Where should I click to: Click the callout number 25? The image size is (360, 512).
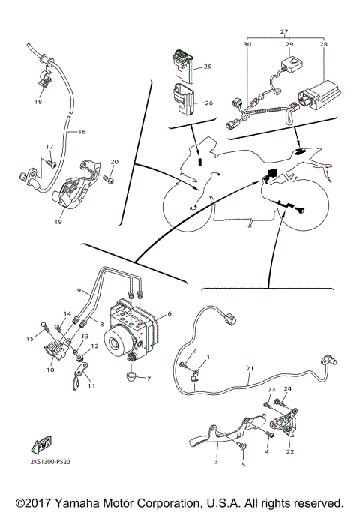(208, 67)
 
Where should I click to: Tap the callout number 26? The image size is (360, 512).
(208, 103)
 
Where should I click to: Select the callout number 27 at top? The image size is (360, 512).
(283, 31)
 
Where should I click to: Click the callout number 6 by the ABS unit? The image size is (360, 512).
(169, 314)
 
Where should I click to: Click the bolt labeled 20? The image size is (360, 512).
(109, 178)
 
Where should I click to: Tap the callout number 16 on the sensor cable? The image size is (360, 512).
(81, 132)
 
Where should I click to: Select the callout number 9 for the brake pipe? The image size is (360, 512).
(77, 290)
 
